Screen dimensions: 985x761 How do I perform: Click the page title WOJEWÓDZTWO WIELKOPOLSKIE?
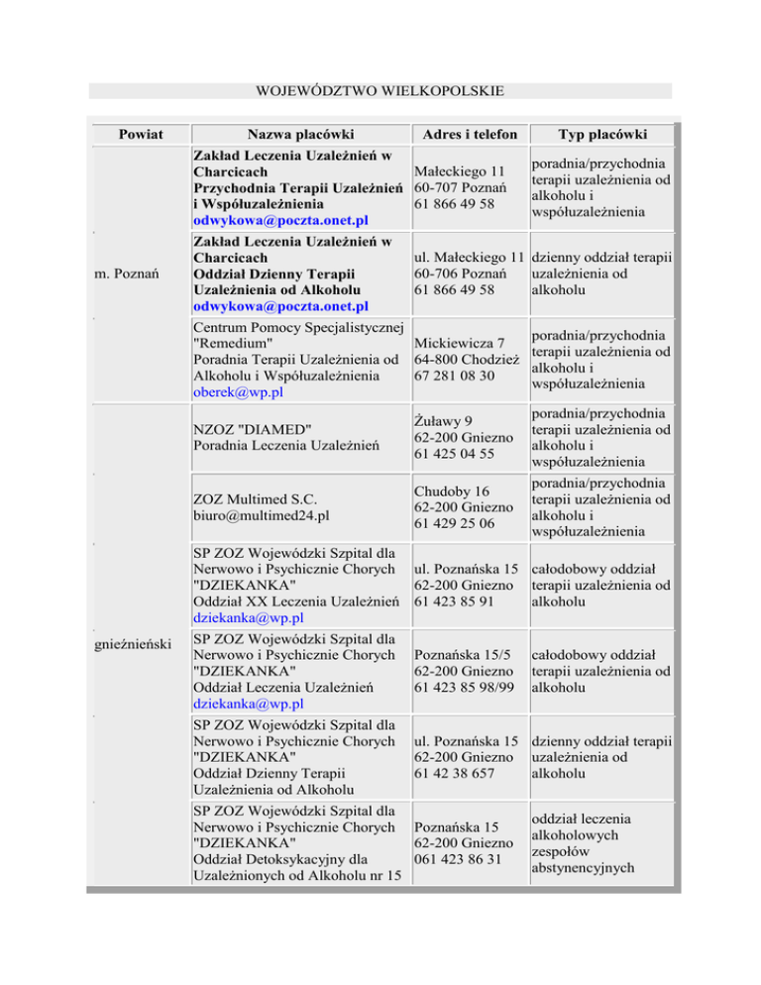[380, 91]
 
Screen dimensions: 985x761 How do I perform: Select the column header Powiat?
[139, 134]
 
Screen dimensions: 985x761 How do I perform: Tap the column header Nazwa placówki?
[301, 134]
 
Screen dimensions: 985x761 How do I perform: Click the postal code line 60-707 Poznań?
[461, 187]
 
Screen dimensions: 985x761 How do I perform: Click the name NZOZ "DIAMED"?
[253, 427]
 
